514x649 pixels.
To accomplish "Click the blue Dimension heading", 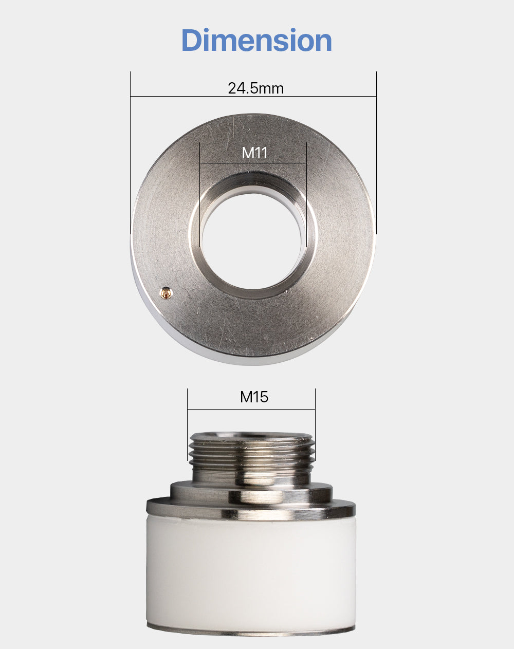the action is tap(256, 40).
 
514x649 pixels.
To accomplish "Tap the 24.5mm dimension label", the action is tap(256, 88).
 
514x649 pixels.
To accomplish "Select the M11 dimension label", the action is tap(254, 153).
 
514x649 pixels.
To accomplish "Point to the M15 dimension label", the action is tap(254, 397).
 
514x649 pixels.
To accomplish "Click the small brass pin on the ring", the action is tap(166, 292).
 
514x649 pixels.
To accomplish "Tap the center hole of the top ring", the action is tap(253, 242).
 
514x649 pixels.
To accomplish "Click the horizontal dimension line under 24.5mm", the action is tap(253, 97).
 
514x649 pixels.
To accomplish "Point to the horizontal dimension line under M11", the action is tap(253, 163).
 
